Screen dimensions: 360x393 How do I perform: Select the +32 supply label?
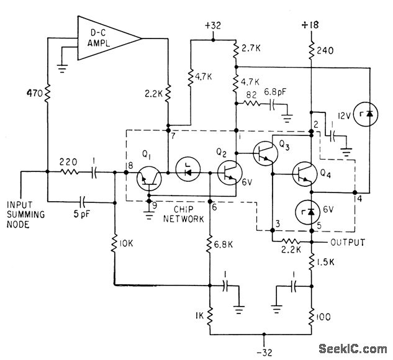(212, 27)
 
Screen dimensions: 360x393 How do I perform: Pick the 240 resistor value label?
(326, 53)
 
